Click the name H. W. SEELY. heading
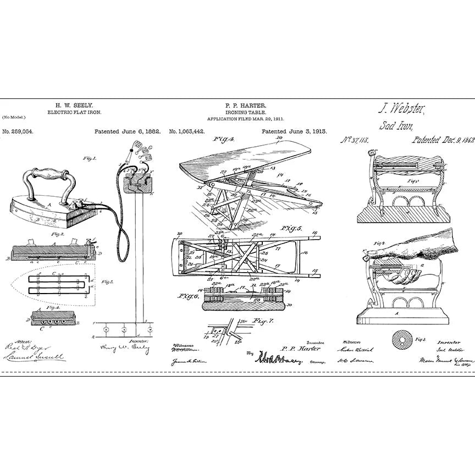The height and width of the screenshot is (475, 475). (75, 104)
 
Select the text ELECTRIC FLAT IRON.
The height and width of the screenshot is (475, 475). (75, 112)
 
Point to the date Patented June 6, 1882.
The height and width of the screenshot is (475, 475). (127, 132)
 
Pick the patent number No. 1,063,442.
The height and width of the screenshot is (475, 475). (187, 132)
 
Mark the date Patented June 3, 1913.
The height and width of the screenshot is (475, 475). (294, 132)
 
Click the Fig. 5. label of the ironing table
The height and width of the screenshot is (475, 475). (294, 227)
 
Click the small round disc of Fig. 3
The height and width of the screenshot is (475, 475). (400, 340)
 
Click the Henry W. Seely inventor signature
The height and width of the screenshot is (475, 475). (122, 347)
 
